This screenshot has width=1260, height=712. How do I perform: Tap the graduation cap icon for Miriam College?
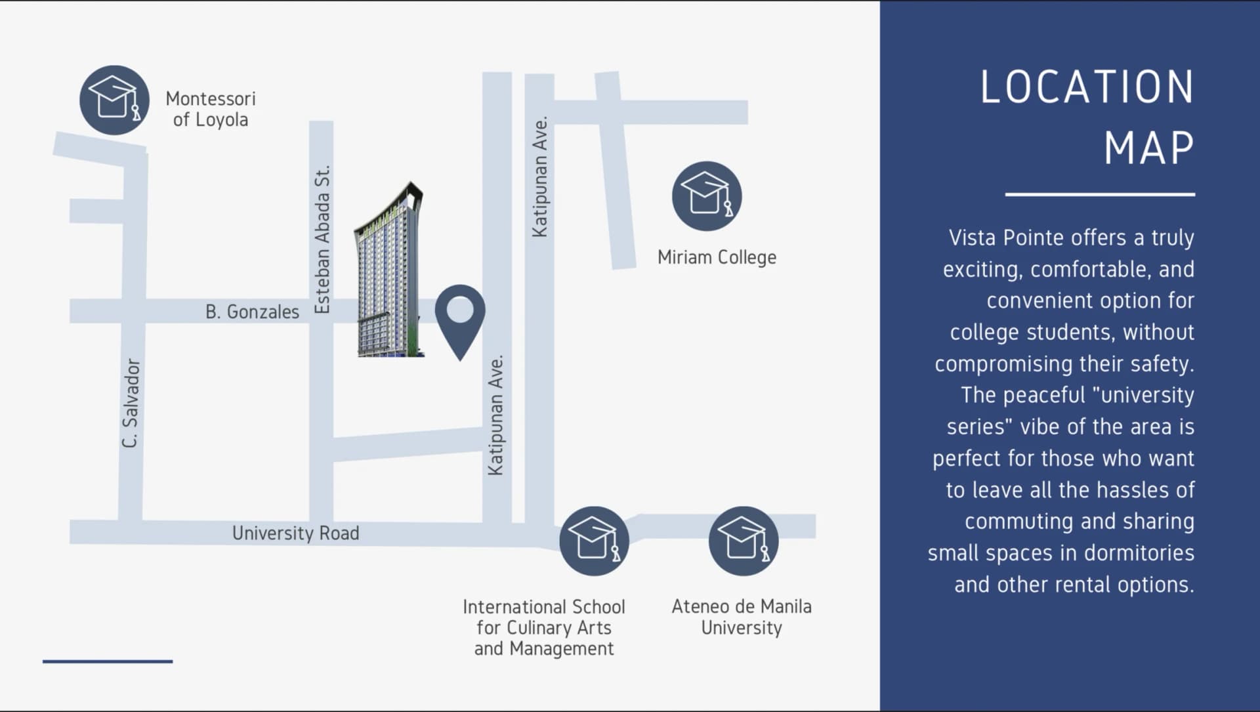click(x=707, y=196)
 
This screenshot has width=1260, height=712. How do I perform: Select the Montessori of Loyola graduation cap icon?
click(x=114, y=100)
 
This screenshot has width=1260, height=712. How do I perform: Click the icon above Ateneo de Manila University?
click(x=744, y=541)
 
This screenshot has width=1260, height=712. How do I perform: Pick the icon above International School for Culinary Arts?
click(x=594, y=541)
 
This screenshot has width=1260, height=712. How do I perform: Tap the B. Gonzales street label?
click(x=252, y=312)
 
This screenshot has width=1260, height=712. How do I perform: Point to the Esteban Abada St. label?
click(x=322, y=240)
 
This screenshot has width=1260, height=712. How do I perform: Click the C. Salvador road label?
click(x=131, y=403)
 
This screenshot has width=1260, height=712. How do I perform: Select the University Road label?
click(x=295, y=533)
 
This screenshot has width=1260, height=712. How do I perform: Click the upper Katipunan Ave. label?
click(x=539, y=177)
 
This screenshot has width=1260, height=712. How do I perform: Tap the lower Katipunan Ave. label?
click(x=496, y=415)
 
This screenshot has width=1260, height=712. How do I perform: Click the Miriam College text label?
click(x=717, y=257)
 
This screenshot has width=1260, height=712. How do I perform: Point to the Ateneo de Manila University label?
click(x=742, y=617)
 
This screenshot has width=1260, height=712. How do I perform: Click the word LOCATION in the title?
click(x=1087, y=87)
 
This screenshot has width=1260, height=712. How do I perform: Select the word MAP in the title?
click(x=1149, y=148)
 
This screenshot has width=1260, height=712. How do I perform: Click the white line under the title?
click(x=1100, y=194)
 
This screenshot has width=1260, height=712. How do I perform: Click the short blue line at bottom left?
click(x=108, y=661)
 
